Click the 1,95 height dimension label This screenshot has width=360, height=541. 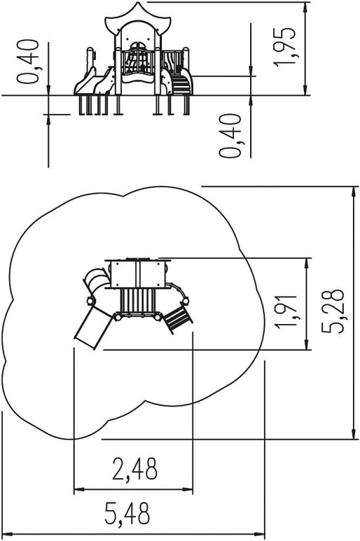(x=284, y=46)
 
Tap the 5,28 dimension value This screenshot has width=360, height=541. (x=333, y=311)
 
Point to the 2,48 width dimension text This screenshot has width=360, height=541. (x=135, y=469)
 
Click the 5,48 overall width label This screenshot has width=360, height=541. (x=128, y=514)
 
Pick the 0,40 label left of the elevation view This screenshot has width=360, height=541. (x=27, y=61)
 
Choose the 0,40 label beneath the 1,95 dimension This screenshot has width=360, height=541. (x=230, y=135)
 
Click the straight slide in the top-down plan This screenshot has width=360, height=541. (x=93, y=328)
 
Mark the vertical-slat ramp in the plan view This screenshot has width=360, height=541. (x=137, y=301)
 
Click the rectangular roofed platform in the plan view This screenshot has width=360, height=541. (x=138, y=273)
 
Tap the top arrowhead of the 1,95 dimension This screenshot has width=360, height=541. (x=306, y=8)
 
